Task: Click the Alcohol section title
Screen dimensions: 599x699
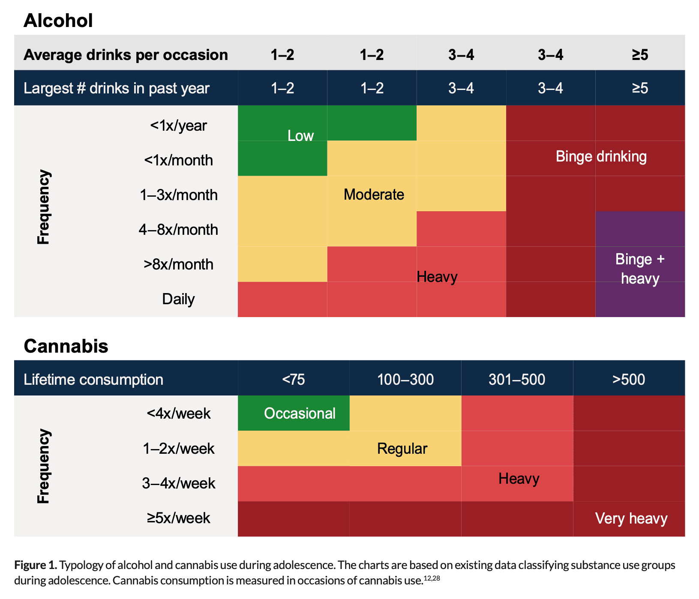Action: (x=58, y=21)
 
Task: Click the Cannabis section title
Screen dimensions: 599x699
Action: (x=66, y=346)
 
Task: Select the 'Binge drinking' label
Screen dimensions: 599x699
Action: (x=601, y=156)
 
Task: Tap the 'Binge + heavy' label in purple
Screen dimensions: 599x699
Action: (x=639, y=269)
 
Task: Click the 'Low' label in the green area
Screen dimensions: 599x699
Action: (x=300, y=136)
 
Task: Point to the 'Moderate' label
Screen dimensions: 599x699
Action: (x=374, y=195)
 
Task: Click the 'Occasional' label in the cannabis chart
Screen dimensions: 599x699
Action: (x=300, y=413)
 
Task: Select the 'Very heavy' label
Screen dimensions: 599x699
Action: (x=631, y=518)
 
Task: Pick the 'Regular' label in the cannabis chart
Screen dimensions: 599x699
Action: (x=402, y=449)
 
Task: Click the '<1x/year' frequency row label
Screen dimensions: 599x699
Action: (x=178, y=126)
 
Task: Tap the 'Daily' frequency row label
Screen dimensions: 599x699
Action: (x=178, y=299)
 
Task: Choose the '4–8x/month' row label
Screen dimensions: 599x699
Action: (x=178, y=230)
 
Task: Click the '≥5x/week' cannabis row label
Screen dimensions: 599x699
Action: (x=178, y=518)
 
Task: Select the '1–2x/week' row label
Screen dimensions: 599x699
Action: (x=178, y=449)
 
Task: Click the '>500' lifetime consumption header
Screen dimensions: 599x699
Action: (x=628, y=380)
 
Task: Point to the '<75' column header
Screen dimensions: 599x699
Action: (x=294, y=380)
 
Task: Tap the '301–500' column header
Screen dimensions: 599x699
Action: (x=517, y=380)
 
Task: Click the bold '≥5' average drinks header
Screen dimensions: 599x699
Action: (x=639, y=55)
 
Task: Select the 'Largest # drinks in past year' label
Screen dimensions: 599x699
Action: (x=116, y=88)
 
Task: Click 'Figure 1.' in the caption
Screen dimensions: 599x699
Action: (x=35, y=565)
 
